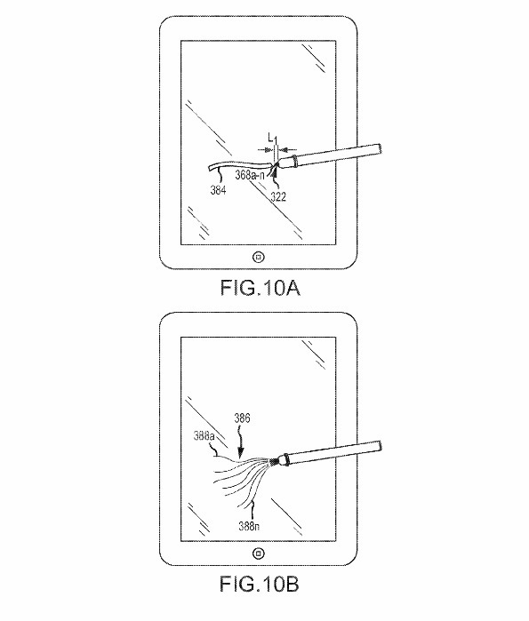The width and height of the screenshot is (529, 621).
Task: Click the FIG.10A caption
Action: pyautogui.click(x=260, y=288)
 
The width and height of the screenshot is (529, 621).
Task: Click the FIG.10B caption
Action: pyautogui.click(x=260, y=584)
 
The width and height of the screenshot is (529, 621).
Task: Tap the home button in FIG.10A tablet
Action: pyautogui.click(x=259, y=258)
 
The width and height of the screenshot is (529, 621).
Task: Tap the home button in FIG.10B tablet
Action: pyautogui.click(x=259, y=553)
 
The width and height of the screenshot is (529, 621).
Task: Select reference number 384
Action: pyautogui.click(x=218, y=190)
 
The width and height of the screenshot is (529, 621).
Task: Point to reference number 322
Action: pyautogui.click(x=278, y=196)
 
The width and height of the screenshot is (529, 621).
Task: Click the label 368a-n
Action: pyautogui.click(x=250, y=175)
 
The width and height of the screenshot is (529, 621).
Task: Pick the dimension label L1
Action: pyautogui.click(x=273, y=139)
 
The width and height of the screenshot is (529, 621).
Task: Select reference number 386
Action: pyautogui.click(x=242, y=418)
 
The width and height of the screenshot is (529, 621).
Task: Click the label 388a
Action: pyautogui.click(x=204, y=436)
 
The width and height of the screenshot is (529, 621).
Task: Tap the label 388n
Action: pyautogui.click(x=249, y=526)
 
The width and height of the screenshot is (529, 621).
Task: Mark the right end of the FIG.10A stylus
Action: pyautogui.click(x=381, y=148)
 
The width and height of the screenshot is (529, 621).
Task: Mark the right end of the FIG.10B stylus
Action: pyautogui.click(x=380, y=446)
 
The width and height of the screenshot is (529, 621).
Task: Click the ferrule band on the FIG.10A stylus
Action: pyautogui.click(x=294, y=161)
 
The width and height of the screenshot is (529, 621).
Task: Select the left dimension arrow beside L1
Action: pyautogui.click(x=265, y=150)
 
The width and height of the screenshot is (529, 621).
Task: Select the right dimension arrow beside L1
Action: pyautogui.click(x=288, y=150)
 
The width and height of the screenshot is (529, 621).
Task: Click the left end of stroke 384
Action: pyautogui.click(x=208, y=168)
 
